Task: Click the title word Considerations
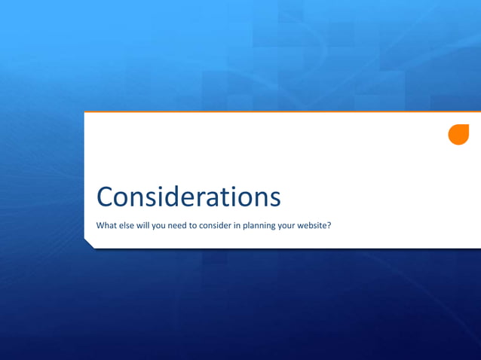(x=188, y=197)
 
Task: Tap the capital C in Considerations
(x=106, y=197)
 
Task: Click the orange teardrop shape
(x=458, y=134)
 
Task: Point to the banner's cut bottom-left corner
(x=89, y=243)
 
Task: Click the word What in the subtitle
(x=106, y=225)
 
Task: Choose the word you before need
(x=161, y=225)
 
